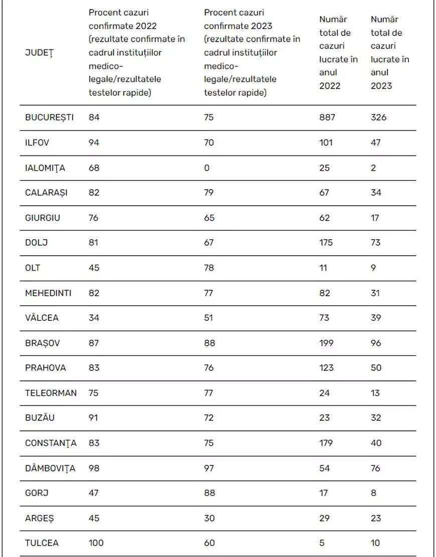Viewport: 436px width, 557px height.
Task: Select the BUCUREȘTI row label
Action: [x=49, y=118]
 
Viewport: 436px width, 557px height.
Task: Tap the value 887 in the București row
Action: [x=327, y=118]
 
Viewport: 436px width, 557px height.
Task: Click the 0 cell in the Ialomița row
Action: [x=207, y=168]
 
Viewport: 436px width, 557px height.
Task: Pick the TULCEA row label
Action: [x=42, y=543]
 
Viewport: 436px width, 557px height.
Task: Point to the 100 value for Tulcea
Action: [x=96, y=543]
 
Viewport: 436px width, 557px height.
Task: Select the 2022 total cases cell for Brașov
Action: [x=326, y=343]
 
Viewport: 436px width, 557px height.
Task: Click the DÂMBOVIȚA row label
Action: [x=50, y=468]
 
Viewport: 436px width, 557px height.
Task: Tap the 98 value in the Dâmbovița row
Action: [x=94, y=468]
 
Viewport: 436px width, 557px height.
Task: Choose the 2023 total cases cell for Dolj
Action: [x=376, y=243]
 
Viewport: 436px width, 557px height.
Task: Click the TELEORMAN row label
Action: [x=51, y=393]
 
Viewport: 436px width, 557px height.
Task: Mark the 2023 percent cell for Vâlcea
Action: [x=209, y=318]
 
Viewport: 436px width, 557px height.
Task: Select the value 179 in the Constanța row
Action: [x=326, y=443]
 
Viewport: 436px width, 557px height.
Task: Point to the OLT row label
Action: [x=33, y=268]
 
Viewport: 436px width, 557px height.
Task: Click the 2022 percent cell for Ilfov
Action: [x=94, y=143]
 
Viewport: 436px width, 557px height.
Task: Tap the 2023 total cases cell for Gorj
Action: [x=373, y=493]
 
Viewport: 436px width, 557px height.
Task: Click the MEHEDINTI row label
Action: [x=48, y=293]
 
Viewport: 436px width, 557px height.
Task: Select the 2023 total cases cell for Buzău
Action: [x=376, y=418]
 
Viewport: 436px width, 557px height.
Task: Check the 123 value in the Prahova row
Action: [x=326, y=368]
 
